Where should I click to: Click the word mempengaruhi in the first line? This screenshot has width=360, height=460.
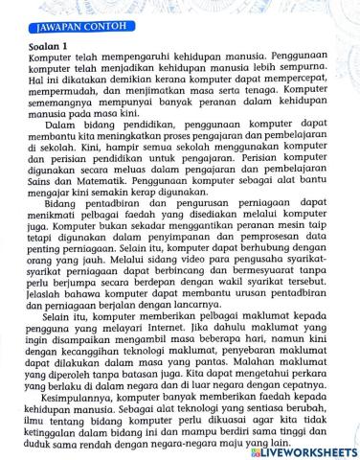tap(124, 57)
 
